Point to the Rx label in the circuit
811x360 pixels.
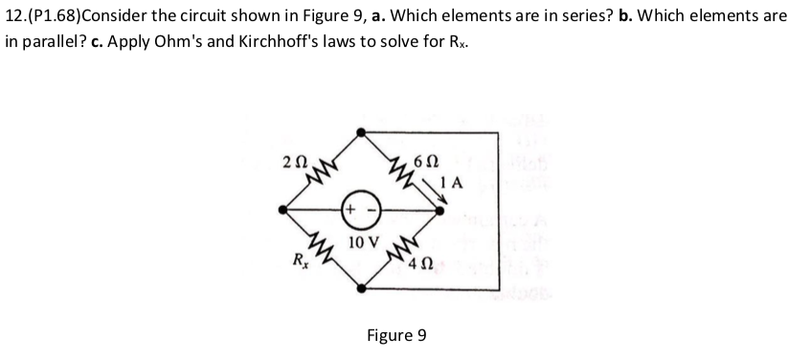click(x=299, y=258)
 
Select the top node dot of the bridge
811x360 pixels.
click(x=361, y=131)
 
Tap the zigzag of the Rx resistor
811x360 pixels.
click(x=323, y=249)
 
